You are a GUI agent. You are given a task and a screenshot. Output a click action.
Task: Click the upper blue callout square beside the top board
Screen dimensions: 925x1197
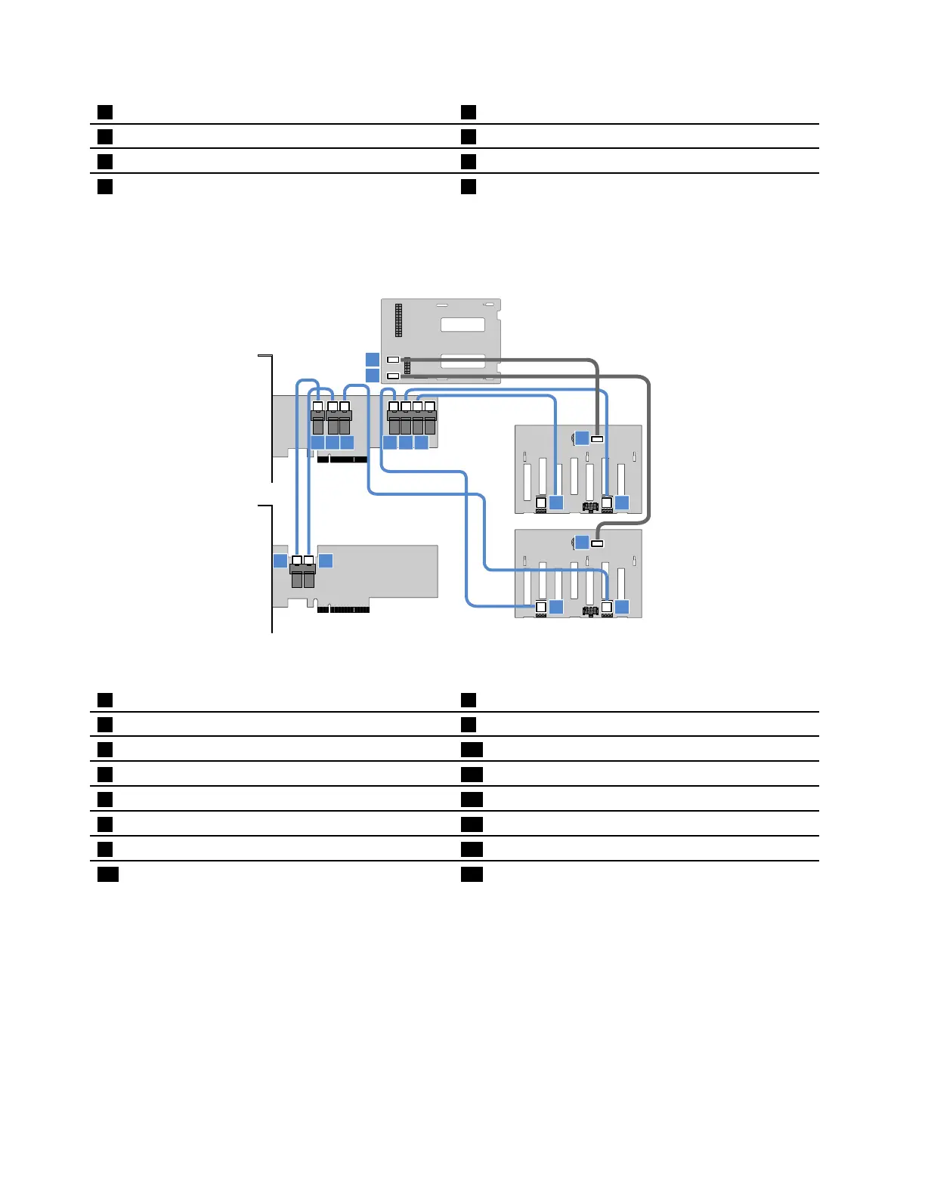point(373,360)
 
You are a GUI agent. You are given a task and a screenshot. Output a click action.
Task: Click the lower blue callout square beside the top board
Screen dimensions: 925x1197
point(373,376)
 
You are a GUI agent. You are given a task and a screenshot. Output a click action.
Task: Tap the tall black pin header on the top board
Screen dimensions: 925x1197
point(399,320)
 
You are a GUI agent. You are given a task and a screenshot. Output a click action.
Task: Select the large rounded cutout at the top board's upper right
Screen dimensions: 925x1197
point(462,324)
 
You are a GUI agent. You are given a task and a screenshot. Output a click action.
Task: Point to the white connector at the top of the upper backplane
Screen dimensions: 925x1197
point(597,438)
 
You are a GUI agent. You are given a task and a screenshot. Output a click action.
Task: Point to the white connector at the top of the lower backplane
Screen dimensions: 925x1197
point(597,543)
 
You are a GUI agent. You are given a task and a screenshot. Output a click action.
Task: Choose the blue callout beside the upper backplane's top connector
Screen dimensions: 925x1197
point(581,438)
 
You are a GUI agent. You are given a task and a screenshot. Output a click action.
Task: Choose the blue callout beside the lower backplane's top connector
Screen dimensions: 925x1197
point(581,542)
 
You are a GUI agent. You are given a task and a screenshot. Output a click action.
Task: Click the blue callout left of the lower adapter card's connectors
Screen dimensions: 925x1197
point(280,560)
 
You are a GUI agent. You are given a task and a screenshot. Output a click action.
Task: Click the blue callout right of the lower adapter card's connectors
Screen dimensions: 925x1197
point(326,560)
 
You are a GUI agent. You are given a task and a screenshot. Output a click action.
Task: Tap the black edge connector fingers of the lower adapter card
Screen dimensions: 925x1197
point(343,609)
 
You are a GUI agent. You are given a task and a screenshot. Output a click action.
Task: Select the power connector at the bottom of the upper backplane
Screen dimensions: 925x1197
point(590,506)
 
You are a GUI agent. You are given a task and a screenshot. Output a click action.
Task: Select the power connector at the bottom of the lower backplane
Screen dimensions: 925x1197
point(590,611)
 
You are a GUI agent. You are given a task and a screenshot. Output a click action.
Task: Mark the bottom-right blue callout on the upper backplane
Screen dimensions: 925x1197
point(622,503)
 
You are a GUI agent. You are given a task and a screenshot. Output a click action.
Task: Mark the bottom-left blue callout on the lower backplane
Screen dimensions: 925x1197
point(557,607)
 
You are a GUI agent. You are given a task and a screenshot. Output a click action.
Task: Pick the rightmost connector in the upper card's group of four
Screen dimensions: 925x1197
point(430,417)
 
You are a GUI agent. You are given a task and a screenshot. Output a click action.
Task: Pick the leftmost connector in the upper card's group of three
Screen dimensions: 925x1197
point(318,417)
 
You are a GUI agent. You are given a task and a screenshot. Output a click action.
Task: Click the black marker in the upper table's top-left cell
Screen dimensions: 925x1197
point(105,113)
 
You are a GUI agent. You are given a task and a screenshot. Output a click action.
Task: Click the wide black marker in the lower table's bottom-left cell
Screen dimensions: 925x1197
point(108,874)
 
